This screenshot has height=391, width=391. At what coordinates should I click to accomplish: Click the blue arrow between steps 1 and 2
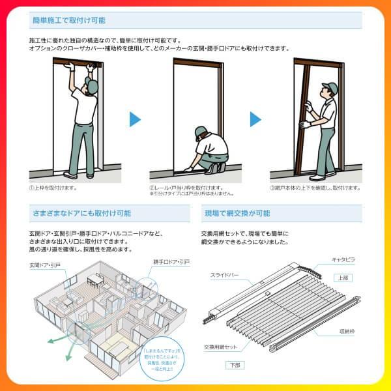(x=135, y=119)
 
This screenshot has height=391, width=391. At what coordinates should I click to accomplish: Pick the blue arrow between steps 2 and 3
(x=257, y=119)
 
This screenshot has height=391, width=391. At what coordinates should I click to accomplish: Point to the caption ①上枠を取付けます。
(x=53, y=188)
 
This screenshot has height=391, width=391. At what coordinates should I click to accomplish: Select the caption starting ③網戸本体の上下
(x=315, y=188)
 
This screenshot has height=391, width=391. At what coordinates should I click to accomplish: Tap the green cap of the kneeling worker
(x=200, y=132)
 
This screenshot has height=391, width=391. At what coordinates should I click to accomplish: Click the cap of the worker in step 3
(x=332, y=87)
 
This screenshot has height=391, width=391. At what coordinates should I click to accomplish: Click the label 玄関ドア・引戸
(x=44, y=266)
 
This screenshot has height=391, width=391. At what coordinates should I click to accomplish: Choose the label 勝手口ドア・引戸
(x=171, y=262)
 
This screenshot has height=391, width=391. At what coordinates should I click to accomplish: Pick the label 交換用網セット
(x=220, y=346)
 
